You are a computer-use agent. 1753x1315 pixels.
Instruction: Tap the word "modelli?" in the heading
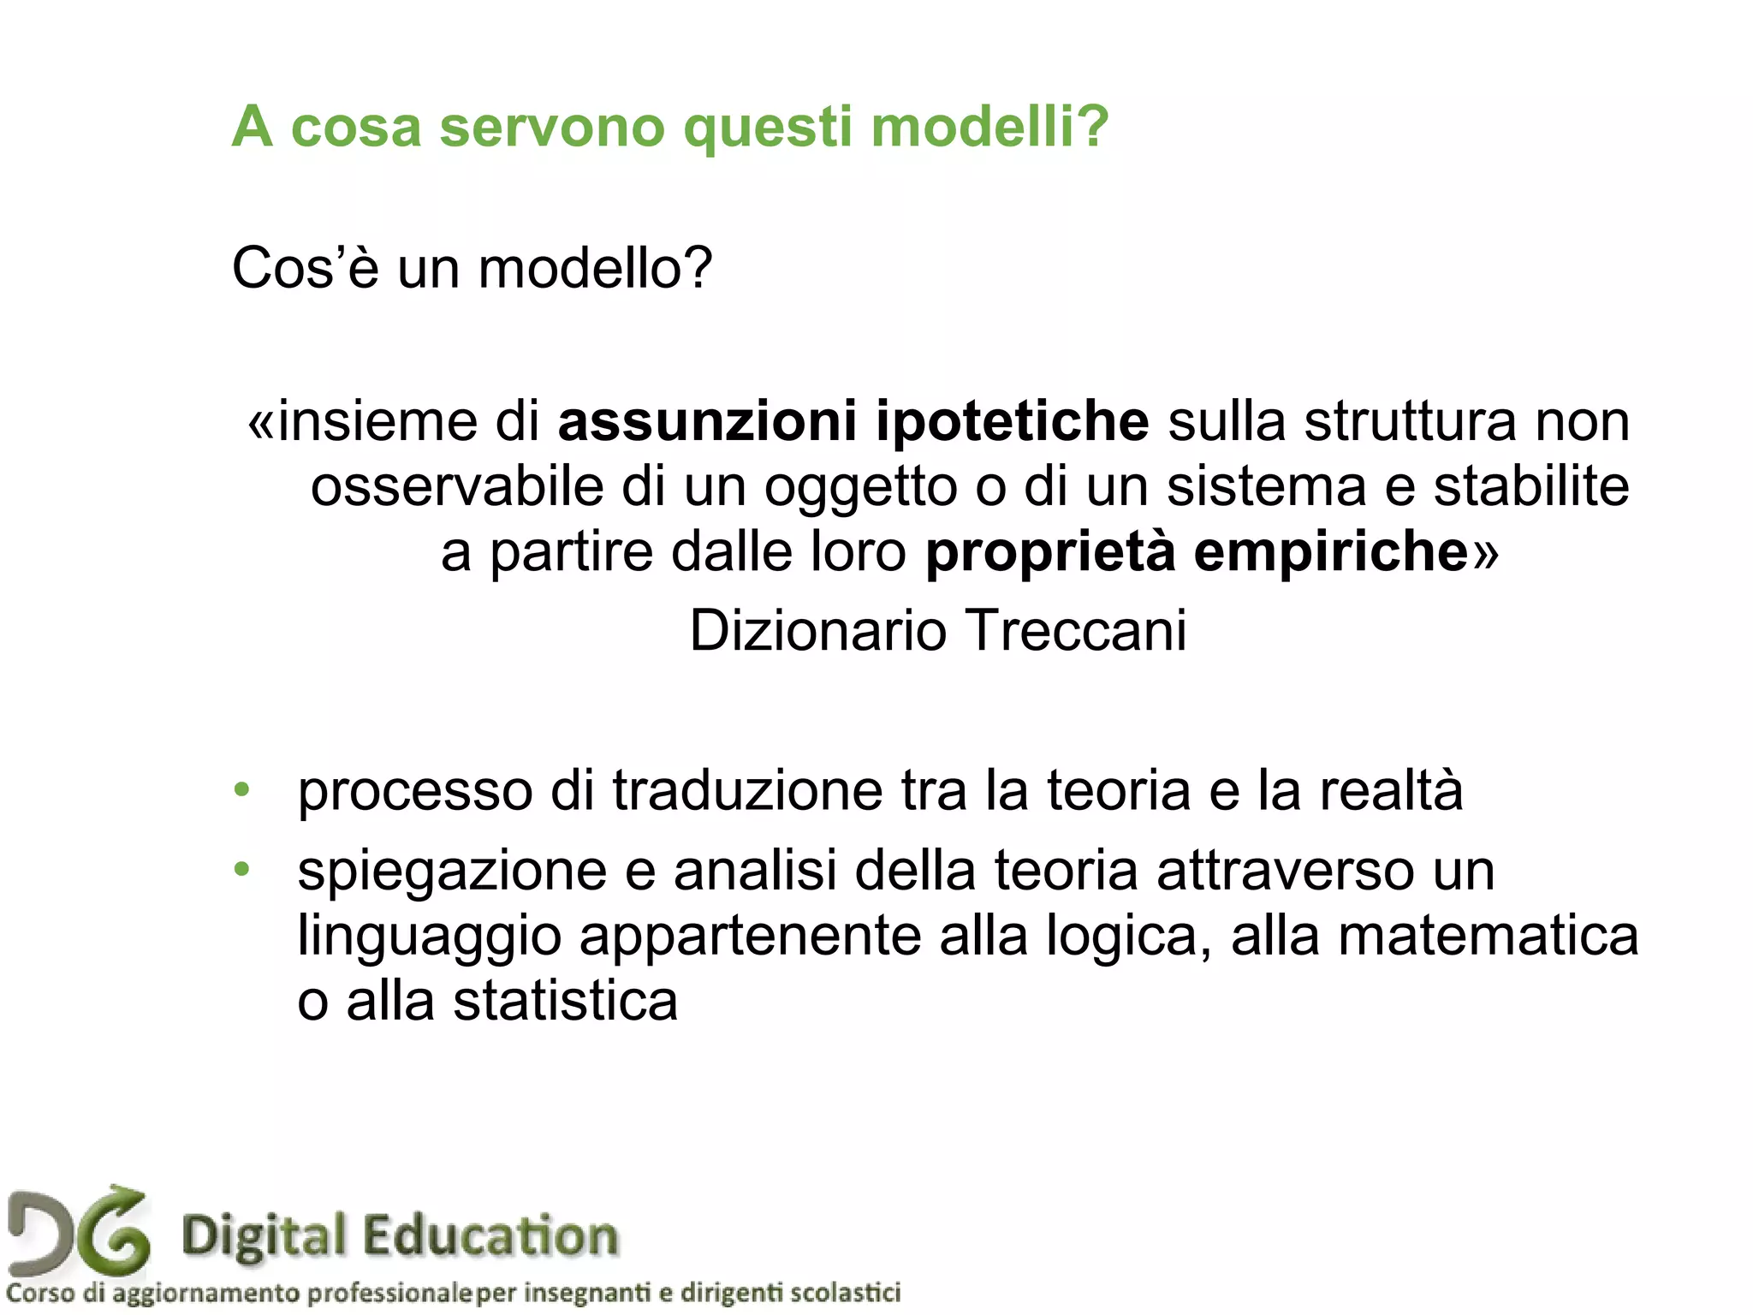[989, 127]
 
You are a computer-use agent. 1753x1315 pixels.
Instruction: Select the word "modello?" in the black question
[595, 268]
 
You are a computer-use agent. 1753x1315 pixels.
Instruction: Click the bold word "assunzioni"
[707, 421]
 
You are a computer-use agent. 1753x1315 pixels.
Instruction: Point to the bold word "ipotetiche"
[1012, 421]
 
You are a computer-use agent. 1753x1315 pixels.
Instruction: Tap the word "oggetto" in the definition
[860, 488]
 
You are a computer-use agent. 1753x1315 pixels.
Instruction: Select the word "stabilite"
[1531, 486]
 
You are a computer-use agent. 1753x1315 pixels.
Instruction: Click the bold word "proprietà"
[1050, 553]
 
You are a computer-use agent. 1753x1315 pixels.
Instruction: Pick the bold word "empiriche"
[1331, 553]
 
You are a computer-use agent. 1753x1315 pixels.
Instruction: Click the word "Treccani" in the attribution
[1078, 631]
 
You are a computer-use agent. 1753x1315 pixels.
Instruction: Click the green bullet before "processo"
[242, 789]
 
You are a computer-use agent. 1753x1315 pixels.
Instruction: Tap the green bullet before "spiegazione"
[242, 870]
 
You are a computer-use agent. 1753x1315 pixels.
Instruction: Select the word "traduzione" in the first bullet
[747, 789]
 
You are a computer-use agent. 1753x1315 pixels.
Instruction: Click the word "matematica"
[1488, 936]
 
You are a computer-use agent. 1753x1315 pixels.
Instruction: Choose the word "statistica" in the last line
[565, 1001]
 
